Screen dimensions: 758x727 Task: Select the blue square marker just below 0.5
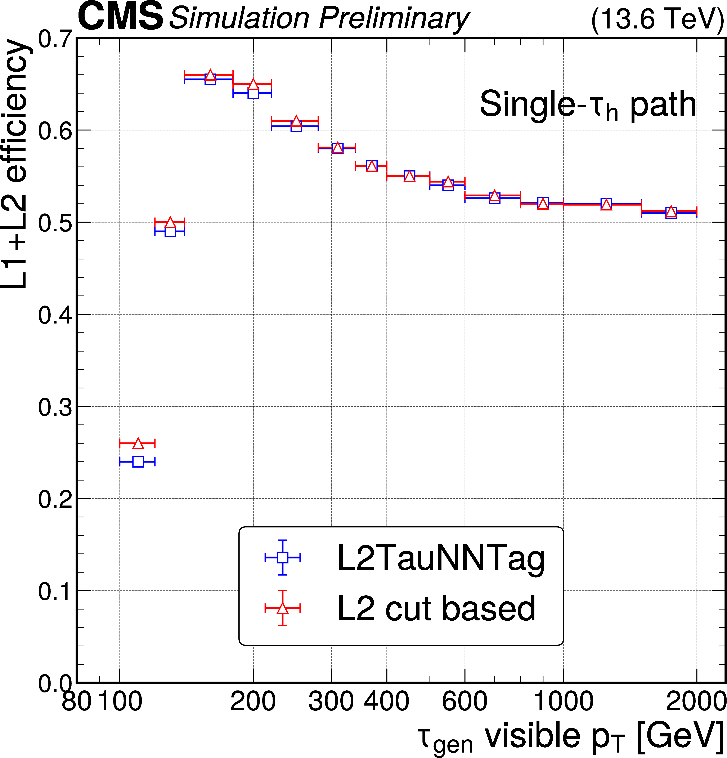[x=170, y=231]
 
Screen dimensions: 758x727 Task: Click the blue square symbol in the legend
[x=283, y=557]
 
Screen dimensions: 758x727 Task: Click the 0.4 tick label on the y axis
[x=55, y=315]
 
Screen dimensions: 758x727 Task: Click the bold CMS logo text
[x=120, y=16]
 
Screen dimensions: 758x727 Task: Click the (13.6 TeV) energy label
[x=657, y=19]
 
